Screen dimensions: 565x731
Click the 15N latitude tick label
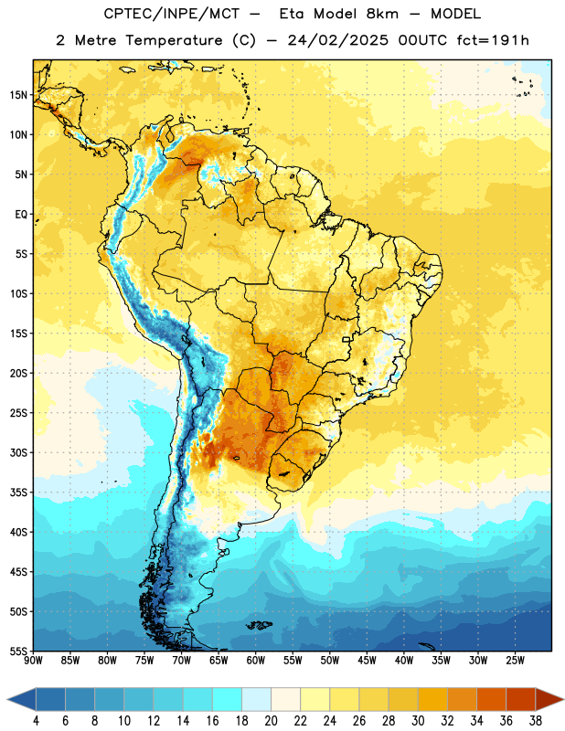18,95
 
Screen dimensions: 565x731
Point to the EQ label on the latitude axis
21,215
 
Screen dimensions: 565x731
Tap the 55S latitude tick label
18,652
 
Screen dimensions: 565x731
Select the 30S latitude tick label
18,452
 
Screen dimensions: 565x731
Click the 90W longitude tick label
33,661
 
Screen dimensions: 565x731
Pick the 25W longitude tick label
515,661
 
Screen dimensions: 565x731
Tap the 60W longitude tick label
256,661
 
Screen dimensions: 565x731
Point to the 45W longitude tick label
367,661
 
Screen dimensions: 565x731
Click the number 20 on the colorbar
271,721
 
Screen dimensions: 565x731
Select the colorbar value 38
536,721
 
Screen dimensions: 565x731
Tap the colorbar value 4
36,721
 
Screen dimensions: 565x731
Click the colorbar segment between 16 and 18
228,699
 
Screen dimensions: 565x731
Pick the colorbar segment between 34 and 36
491,699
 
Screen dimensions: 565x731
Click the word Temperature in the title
174,40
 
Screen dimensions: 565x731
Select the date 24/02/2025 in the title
337,40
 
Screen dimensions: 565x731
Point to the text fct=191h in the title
493,40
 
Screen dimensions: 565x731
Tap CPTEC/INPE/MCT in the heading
171,14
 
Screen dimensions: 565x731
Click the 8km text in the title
382,14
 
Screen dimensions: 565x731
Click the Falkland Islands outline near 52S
259,625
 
